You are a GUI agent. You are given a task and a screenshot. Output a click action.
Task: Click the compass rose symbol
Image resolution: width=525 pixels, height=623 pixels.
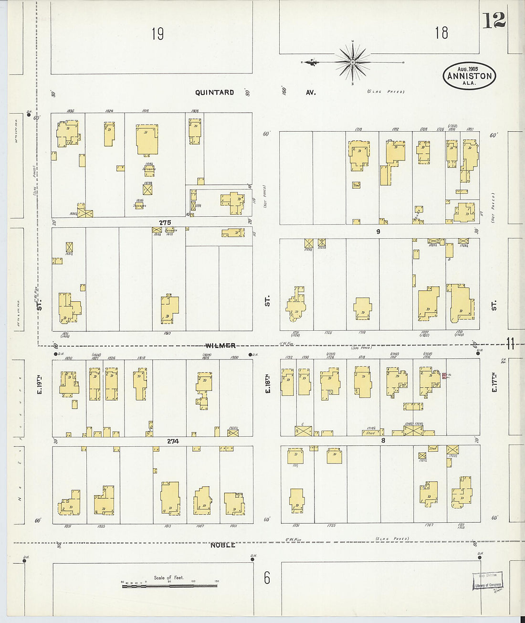coord(353,62)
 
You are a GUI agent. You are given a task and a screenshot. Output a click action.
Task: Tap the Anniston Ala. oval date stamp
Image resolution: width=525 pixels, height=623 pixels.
coord(469,75)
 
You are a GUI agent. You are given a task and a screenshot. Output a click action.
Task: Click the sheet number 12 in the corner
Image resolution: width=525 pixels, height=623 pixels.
coord(493,21)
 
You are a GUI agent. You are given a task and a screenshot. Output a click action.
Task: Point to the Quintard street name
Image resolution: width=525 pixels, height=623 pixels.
coord(214,92)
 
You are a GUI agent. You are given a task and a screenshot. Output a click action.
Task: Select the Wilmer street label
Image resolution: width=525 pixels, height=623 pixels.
coord(220,345)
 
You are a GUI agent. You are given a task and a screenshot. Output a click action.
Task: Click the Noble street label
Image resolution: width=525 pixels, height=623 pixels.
coord(222,545)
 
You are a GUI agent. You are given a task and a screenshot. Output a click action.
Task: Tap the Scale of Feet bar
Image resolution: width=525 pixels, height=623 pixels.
coord(169,585)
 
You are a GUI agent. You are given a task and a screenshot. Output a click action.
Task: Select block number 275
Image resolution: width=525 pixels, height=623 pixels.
coord(165,222)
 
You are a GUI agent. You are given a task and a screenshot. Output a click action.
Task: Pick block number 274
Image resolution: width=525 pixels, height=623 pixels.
coord(173,441)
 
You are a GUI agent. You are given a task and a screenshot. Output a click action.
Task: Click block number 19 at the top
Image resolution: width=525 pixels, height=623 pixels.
coord(157,34)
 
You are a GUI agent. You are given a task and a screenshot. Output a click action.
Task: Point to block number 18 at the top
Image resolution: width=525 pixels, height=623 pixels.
coord(441,32)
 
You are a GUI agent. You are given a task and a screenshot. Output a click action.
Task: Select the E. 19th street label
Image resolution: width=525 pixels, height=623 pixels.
coord(40,385)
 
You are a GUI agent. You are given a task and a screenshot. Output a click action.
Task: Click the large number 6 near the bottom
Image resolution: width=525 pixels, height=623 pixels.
coord(267,578)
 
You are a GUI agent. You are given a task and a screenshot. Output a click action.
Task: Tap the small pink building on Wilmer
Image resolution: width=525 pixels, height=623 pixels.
coord(444,376)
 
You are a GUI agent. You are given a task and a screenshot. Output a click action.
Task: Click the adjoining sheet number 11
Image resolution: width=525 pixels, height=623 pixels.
coord(510,343)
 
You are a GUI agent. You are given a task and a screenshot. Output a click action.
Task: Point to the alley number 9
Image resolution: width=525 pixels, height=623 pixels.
coord(378,232)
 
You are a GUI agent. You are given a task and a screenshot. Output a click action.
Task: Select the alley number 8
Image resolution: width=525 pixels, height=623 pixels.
coord(383,440)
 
